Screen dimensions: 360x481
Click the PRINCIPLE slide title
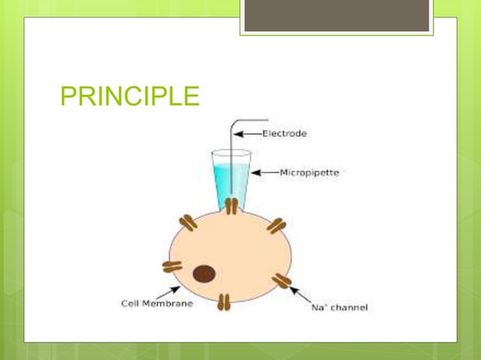click(129, 97)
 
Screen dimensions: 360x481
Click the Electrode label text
click(284, 133)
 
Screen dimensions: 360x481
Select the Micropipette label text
click(309, 172)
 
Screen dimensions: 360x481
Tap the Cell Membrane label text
click(157, 304)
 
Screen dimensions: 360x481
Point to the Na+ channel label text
click(339, 308)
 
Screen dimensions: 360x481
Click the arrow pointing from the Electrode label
click(247, 134)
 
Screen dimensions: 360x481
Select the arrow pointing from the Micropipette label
click(264, 172)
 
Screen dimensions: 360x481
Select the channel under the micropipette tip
click(231, 206)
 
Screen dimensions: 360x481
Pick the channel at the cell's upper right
click(276, 224)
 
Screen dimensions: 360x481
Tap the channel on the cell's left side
click(172, 266)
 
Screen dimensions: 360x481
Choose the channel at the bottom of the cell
click(223, 303)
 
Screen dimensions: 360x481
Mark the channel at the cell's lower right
click(281, 281)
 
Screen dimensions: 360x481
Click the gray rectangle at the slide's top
click(336, 15)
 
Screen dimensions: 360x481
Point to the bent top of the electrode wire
click(235, 121)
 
